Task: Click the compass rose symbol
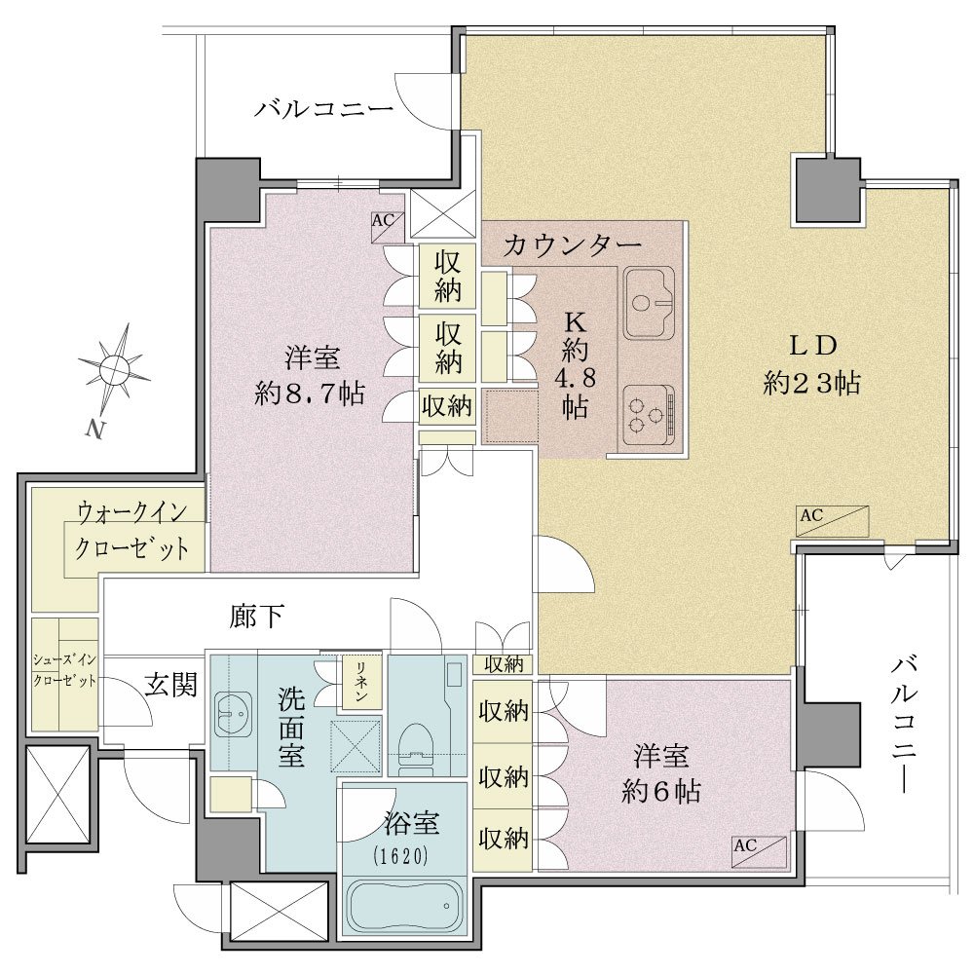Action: point(114,370)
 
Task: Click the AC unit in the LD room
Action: point(832,521)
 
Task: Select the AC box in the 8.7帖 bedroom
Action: point(383,221)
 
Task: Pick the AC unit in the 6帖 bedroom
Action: point(758,851)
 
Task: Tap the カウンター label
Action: point(572,245)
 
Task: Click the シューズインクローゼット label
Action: point(65,672)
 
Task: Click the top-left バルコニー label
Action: point(324,107)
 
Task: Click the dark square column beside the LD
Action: point(827,190)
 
